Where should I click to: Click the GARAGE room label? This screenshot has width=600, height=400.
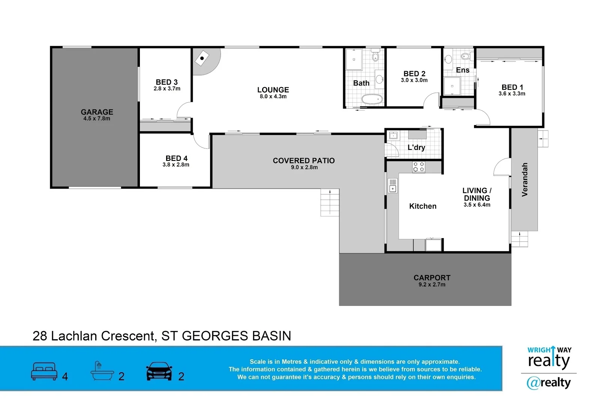pos(97,112)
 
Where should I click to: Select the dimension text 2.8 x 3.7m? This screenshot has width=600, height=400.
pos(167,89)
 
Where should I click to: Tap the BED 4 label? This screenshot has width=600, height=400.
pos(176,158)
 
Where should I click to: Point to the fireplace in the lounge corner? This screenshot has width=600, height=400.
pos(202,58)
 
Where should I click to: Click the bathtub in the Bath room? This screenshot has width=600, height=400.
pos(372,100)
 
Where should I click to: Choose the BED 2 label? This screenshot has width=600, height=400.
pos(414,74)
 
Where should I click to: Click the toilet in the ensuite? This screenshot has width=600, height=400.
pos(465,57)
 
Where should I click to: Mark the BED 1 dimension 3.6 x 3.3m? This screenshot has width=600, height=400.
pos(511,94)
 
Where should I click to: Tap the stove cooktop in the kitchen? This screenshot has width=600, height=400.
pos(418,167)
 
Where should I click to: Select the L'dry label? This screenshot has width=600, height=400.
pos(416,147)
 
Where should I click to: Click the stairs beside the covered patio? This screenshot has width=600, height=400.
pos(330,202)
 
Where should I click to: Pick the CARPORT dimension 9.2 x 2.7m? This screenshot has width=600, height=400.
pos(432,285)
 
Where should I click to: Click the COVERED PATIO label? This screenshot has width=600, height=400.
pos(303,160)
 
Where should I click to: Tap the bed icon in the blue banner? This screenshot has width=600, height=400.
pos(44,371)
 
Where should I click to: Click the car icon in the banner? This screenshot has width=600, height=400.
pos(159,371)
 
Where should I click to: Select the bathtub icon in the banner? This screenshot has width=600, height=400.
pos(102,371)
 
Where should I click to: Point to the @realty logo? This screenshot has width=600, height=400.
pos(549,383)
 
